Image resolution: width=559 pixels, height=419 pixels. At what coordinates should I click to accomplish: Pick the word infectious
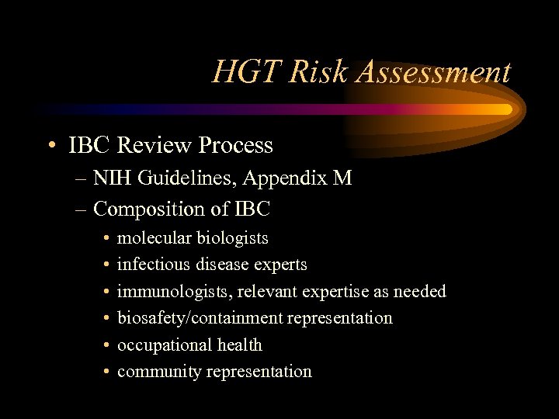pyautogui.click(x=153, y=265)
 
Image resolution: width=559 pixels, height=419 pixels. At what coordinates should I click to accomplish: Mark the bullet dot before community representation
pyautogui.click(x=106, y=372)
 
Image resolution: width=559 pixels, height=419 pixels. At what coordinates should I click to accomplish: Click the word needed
pyautogui.click(x=420, y=292)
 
